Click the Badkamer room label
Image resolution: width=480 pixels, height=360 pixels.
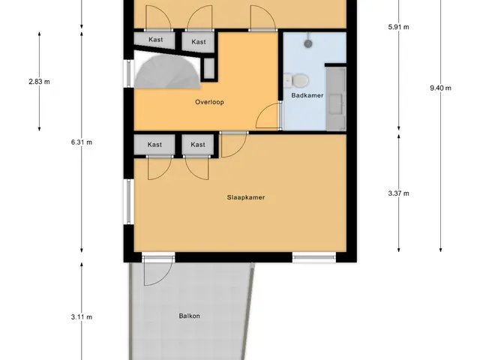click(x=307, y=95)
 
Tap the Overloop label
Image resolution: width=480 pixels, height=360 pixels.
click(x=209, y=102)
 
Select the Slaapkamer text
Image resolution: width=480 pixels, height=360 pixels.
click(x=246, y=197)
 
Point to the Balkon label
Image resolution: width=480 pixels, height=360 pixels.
click(x=190, y=316)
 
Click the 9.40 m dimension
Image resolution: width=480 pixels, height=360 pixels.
click(x=440, y=88)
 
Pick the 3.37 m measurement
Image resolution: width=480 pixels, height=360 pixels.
click(x=398, y=193)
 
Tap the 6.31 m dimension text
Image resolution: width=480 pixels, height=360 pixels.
click(x=82, y=142)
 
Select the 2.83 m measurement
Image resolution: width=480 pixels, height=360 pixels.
click(x=39, y=82)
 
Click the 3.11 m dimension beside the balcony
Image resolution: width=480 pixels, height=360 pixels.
click(x=82, y=317)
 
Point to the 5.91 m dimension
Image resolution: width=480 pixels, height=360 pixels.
click(x=398, y=27)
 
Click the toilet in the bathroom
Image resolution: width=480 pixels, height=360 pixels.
click(x=299, y=81)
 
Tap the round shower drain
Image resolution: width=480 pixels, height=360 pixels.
click(x=308, y=43)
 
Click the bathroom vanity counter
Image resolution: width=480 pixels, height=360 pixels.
click(x=336, y=99)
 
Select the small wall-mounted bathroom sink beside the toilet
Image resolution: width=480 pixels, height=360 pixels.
click(x=287, y=81)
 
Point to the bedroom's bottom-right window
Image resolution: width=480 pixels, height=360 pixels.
click(x=314, y=257)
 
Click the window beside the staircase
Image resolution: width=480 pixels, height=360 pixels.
click(x=129, y=73)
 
